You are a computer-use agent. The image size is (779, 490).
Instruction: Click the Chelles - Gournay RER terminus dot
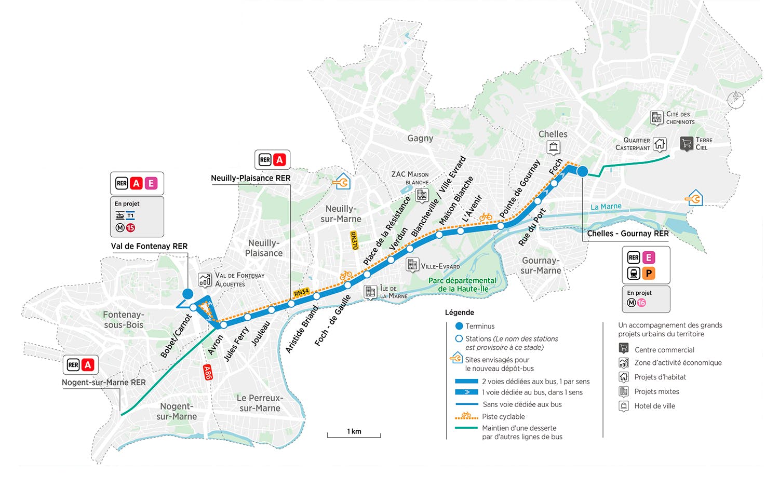583,171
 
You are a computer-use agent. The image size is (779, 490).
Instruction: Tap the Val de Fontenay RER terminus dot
188,294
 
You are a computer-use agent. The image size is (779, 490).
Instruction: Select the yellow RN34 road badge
302,292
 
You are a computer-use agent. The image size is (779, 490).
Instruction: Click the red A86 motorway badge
208,373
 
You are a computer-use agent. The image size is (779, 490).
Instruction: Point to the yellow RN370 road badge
354,240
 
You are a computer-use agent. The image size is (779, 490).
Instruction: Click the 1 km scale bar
354,435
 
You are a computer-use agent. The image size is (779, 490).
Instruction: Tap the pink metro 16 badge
641,303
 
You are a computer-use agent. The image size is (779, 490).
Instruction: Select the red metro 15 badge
130,228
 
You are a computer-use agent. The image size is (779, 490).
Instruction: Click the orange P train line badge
649,274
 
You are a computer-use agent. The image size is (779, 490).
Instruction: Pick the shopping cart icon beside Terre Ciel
687,143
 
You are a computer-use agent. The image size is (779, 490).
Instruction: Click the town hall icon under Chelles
553,147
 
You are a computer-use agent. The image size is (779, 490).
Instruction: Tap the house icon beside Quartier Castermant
660,144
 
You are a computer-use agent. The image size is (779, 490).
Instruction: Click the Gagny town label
420,138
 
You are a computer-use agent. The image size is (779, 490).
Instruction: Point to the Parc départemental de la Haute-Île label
463,284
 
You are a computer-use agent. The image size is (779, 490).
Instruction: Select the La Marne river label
606,207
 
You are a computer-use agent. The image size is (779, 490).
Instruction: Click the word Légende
460,312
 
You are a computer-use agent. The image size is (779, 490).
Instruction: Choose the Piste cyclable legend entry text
503,416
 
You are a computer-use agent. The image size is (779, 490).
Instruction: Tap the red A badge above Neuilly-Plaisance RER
279,160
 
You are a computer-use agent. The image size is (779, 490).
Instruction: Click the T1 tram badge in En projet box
130,216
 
